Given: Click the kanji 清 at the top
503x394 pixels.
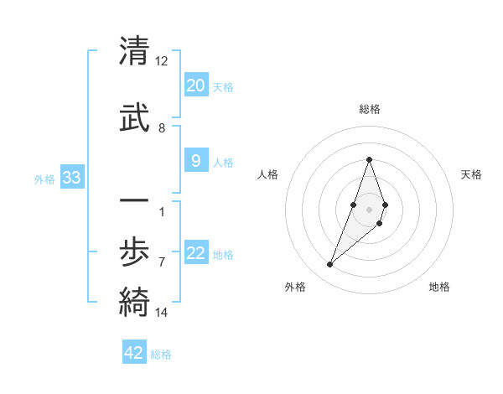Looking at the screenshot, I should point(133,51).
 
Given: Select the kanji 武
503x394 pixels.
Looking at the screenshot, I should point(133,118).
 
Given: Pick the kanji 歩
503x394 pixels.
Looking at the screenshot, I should point(133,249).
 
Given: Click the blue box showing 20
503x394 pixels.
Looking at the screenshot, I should point(195,86).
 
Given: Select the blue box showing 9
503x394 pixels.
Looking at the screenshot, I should point(195,161).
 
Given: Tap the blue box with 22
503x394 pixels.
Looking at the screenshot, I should point(195,253).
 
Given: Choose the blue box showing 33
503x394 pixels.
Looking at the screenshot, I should point(71,178).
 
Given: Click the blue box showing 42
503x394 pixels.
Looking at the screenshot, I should point(134,353).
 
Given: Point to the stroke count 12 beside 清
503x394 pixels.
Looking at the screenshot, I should point(162,61).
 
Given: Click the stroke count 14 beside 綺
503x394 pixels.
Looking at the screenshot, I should point(162,313).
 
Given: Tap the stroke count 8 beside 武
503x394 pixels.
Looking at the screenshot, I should point(162,128).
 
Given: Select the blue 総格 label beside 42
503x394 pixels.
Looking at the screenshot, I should point(161,355).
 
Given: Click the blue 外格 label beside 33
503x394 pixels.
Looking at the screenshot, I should point(44,179).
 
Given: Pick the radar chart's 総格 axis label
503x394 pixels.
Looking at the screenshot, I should point(369,109).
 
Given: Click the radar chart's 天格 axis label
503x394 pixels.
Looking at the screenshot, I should point(471,174).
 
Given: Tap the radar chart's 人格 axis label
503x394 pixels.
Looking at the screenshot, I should point(268,174).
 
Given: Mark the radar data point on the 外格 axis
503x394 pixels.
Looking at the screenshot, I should point(329,265).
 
